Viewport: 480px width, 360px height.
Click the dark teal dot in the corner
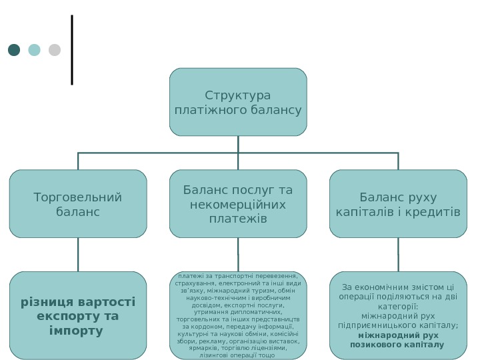(x=14, y=50)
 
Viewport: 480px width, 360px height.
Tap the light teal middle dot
(x=34, y=50)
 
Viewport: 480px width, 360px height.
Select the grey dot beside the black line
(x=55, y=50)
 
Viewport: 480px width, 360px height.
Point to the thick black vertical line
(x=72, y=50)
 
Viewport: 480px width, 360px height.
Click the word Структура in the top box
(x=238, y=96)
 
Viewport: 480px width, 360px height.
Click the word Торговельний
(x=78, y=197)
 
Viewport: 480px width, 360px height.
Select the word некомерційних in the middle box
(x=238, y=205)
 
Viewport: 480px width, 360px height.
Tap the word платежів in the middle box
(x=238, y=219)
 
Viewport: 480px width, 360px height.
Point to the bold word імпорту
(x=76, y=331)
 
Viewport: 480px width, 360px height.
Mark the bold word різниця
(x=41, y=302)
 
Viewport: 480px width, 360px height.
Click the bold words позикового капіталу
(x=397, y=345)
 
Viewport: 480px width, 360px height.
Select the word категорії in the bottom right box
(x=398, y=306)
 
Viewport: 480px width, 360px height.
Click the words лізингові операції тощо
(x=238, y=355)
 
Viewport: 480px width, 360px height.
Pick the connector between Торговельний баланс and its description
(x=78, y=254)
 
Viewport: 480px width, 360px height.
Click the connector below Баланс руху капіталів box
(x=398, y=254)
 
